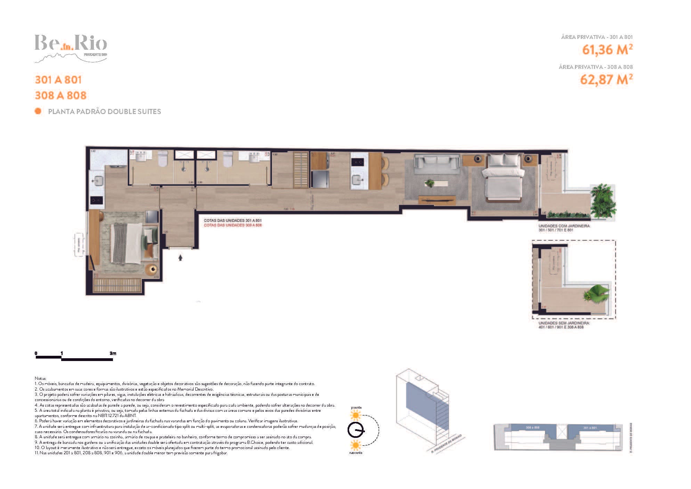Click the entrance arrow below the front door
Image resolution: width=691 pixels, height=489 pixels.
click(180, 258)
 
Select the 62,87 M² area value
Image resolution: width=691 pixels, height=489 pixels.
click(606, 80)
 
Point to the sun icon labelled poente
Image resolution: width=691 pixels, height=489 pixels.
click(356, 415)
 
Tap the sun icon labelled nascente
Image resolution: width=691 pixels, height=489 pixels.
click(356, 445)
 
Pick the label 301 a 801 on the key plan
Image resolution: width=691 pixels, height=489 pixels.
click(590, 427)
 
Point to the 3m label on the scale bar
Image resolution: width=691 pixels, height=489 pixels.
click(113, 353)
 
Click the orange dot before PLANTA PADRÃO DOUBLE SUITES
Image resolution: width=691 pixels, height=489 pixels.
click(38, 111)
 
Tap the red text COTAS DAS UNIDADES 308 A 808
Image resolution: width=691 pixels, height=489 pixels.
click(233, 225)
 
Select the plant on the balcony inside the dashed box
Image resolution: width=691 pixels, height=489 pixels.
click(597, 293)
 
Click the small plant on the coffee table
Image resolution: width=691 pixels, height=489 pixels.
click(430, 183)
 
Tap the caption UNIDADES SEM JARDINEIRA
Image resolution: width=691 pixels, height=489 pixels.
click(564, 323)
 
